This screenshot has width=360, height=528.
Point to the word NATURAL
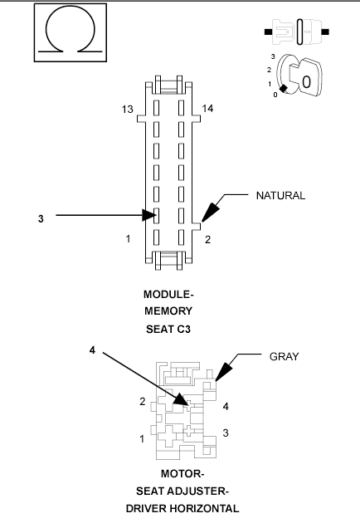[x=280, y=196]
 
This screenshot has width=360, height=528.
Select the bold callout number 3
[x=41, y=218]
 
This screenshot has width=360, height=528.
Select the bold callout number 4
[x=93, y=350]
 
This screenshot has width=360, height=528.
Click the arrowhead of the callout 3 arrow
[x=152, y=216]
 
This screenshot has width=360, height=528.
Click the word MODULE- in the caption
[x=168, y=295]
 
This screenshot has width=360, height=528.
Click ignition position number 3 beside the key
[x=272, y=56]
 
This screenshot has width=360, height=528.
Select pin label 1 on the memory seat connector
[x=128, y=239]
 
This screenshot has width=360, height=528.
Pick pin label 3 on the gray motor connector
[x=226, y=433]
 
